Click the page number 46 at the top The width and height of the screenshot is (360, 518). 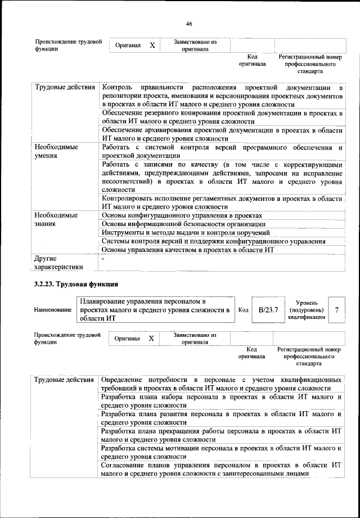pyautogui.click(x=189, y=24)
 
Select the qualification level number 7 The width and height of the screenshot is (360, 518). pyautogui.click(x=336, y=310)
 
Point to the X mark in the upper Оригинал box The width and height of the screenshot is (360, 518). pyautogui.click(x=152, y=45)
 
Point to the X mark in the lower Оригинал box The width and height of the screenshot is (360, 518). pyautogui.click(x=151, y=339)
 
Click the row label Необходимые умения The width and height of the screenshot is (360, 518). pyautogui.click(x=56, y=151)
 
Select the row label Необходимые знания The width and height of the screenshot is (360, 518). pyautogui.click(x=56, y=219)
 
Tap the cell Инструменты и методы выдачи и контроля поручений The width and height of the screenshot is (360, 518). pyautogui.click(x=185, y=233)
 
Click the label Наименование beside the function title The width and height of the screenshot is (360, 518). pyautogui.click(x=53, y=310)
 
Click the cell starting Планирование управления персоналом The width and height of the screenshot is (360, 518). pyautogui.click(x=155, y=310)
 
